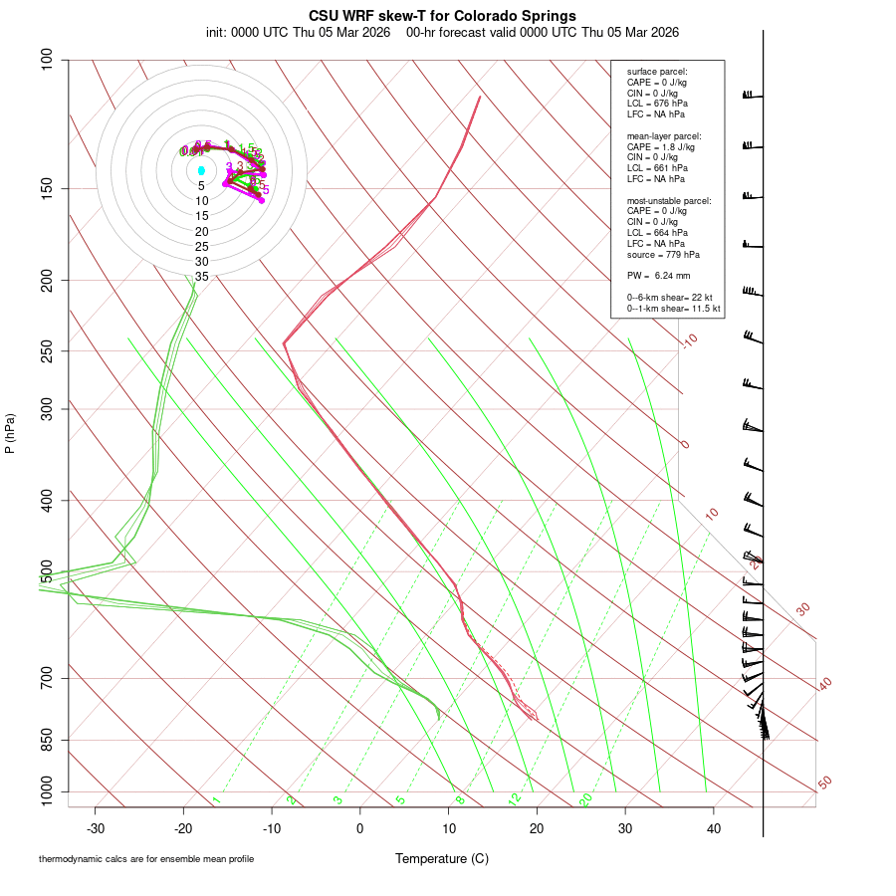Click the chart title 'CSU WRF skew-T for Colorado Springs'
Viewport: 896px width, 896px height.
pyautogui.click(x=442, y=16)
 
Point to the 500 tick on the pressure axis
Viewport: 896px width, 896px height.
pyautogui.click(x=47, y=571)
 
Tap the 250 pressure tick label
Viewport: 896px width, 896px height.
pyautogui.click(x=47, y=350)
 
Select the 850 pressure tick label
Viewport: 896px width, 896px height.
pyautogui.click(x=47, y=740)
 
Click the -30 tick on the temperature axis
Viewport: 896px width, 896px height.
pyautogui.click(x=96, y=828)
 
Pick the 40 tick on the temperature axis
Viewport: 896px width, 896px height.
pyautogui.click(x=713, y=828)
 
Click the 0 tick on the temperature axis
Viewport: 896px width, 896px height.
pyautogui.click(x=360, y=828)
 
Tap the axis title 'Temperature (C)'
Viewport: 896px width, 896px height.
pyautogui.click(x=441, y=858)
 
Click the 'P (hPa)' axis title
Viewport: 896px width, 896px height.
pyautogui.click(x=10, y=433)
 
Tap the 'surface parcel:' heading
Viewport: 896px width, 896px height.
pyautogui.click(x=657, y=72)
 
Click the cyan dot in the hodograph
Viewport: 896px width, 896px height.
pyautogui.click(x=201, y=170)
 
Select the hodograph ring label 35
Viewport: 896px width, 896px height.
pyautogui.click(x=201, y=277)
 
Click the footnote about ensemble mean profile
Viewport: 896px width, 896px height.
pyautogui.click(x=153, y=858)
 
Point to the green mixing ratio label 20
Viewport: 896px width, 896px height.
pyautogui.click(x=585, y=799)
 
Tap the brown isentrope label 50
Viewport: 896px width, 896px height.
pyautogui.click(x=824, y=784)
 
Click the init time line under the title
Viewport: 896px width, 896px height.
pyautogui.click(x=442, y=32)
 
